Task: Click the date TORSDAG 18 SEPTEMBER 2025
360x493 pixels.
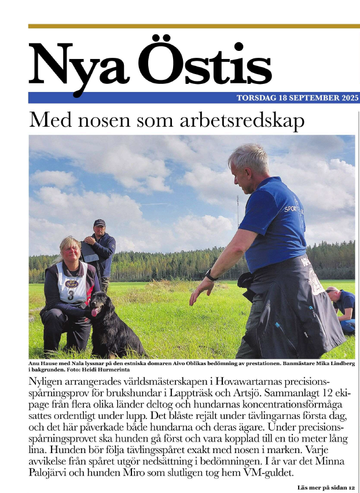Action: coord(297,98)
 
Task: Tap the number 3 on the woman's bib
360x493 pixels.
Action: coord(71,295)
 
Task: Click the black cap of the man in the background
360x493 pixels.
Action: coord(100,223)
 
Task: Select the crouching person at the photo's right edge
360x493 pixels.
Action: coord(343,310)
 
